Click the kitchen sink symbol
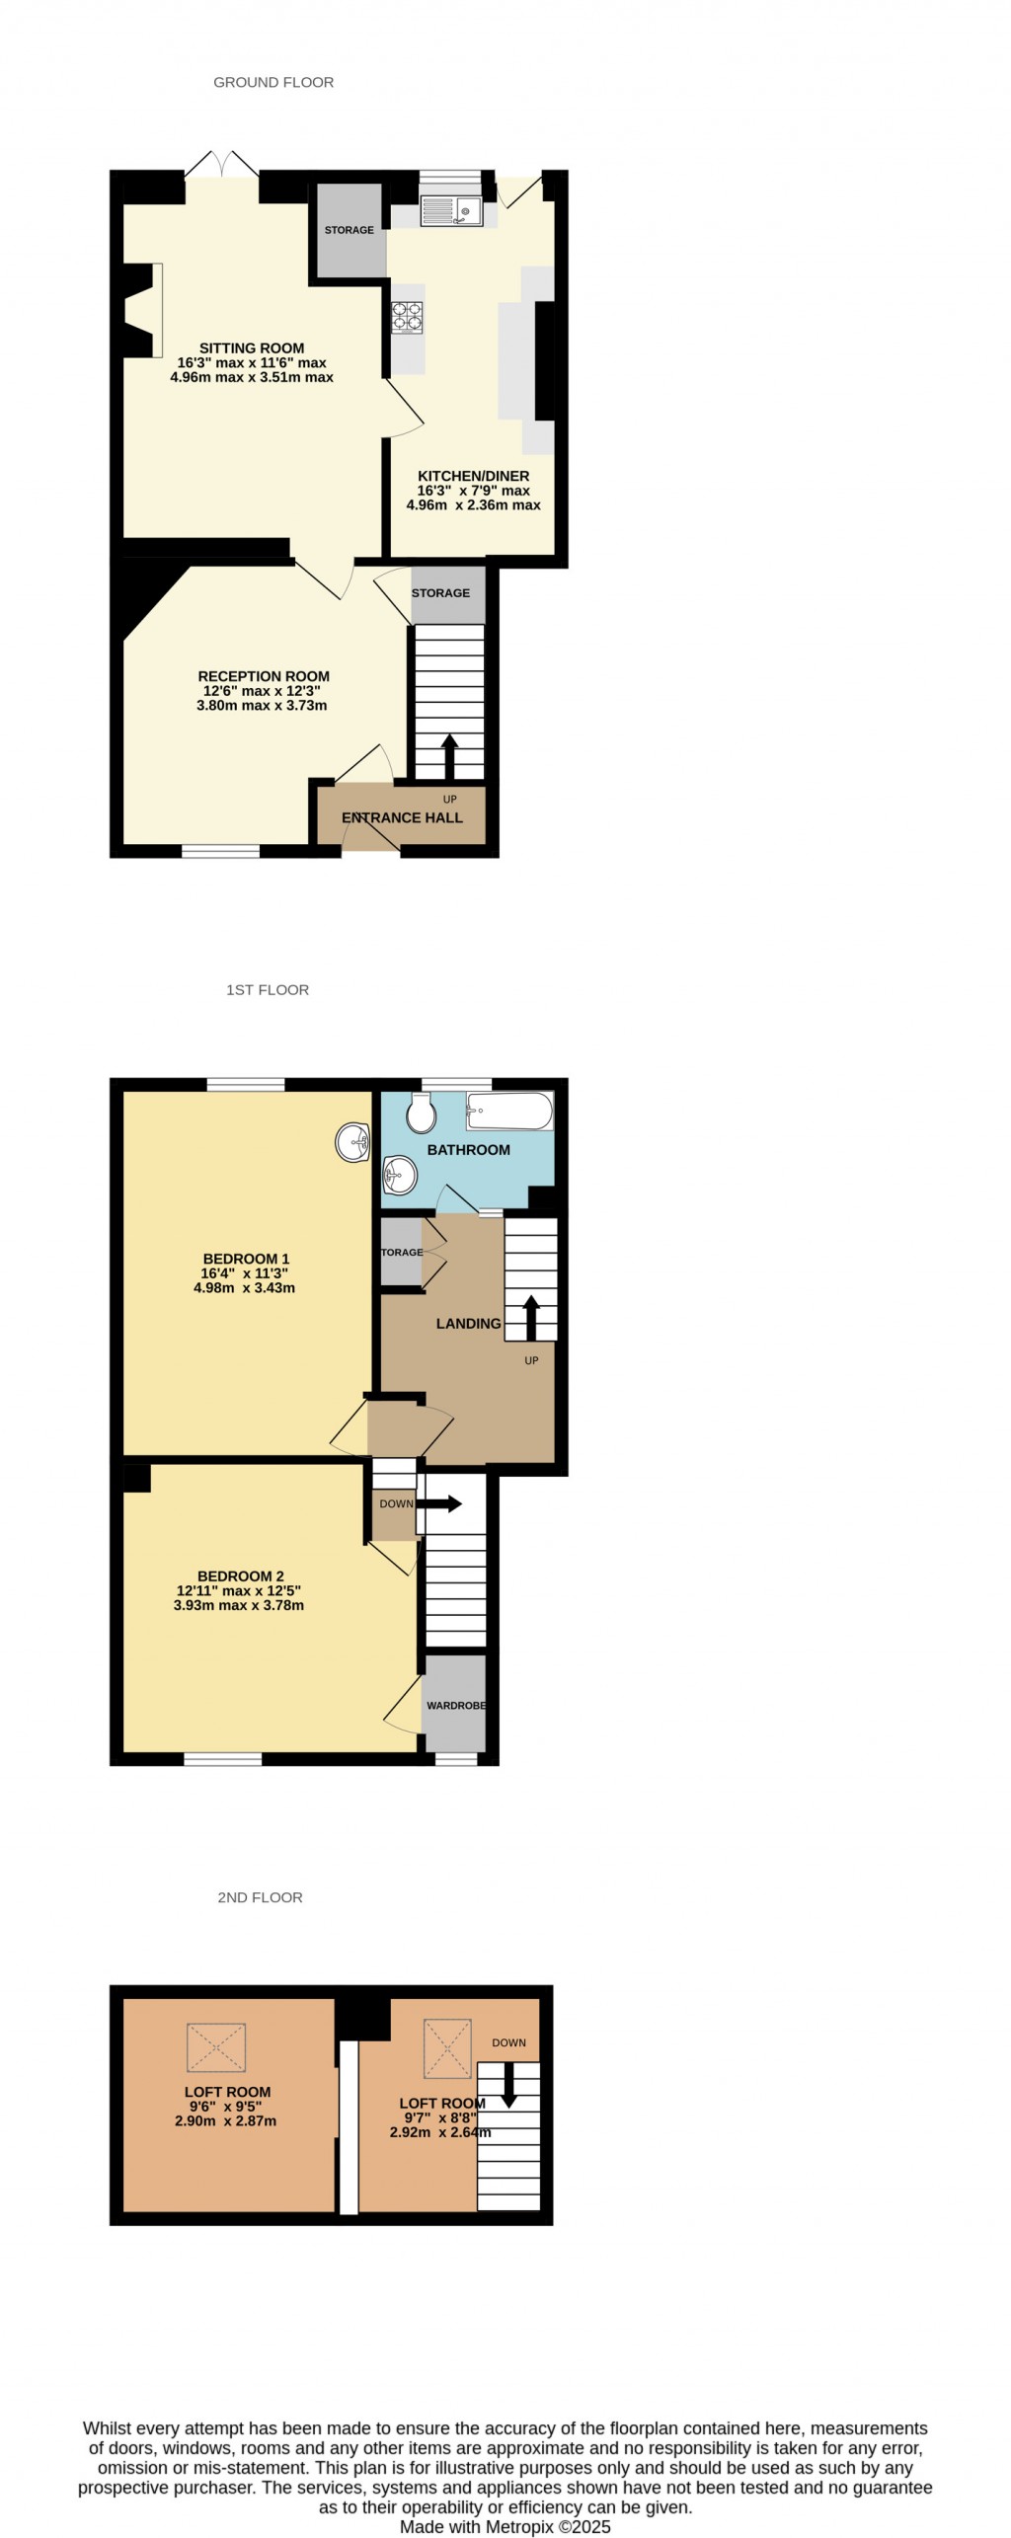click(x=449, y=209)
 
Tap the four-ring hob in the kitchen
click(x=408, y=315)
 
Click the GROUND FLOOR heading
click(x=273, y=82)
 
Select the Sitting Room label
click(x=252, y=347)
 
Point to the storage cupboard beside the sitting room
click(x=350, y=230)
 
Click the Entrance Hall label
click(x=402, y=817)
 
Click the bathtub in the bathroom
click(x=509, y=1111)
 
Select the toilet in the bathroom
click(x=422, y=1114)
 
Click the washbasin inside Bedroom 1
click(x=352, y=1142)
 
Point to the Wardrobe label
click(x=455, y=1705)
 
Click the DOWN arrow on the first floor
click(x=439, y=1503)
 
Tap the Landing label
click(x=468, y=1323)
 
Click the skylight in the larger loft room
click(x=216, y=2046)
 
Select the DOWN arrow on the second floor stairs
click(x=509, y=2084)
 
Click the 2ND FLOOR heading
click(x=260, y=1896)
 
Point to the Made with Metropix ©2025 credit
click(x=505, y=2526)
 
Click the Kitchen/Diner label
click(x=473, y=476)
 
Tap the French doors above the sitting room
click(x=222, y=165)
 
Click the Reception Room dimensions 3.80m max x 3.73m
click(x=262, y=706)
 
